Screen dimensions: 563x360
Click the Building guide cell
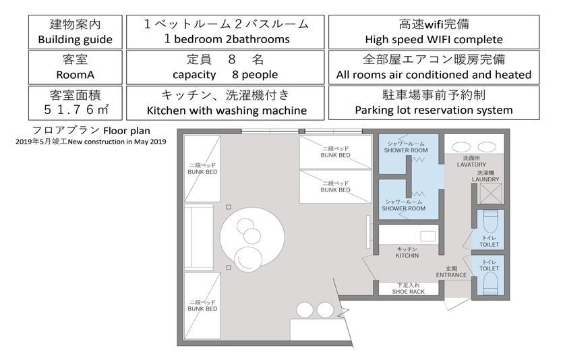point(76,32)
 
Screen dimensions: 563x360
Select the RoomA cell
point(76,67)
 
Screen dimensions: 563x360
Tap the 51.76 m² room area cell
point(76,102)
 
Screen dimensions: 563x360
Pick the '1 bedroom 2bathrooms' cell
point(225,32)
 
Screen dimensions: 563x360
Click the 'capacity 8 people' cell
point(225,67)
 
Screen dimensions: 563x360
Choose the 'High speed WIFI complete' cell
point(434,32)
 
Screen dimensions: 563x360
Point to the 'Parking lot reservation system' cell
point(434,102)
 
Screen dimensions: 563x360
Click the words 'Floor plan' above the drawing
point(127,131)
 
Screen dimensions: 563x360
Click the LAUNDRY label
point(485,179)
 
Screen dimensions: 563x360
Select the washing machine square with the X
point(490,193)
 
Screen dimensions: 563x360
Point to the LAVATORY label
point(471,164)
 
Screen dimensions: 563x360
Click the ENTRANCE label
point(451,275)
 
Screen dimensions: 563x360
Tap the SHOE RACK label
point(408,292)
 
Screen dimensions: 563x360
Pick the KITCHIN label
point(407,256)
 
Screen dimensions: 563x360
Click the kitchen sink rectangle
point(428,237)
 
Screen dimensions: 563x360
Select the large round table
point(252,237)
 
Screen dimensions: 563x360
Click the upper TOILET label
point(489,245)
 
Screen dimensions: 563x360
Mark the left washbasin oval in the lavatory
point(461,147)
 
